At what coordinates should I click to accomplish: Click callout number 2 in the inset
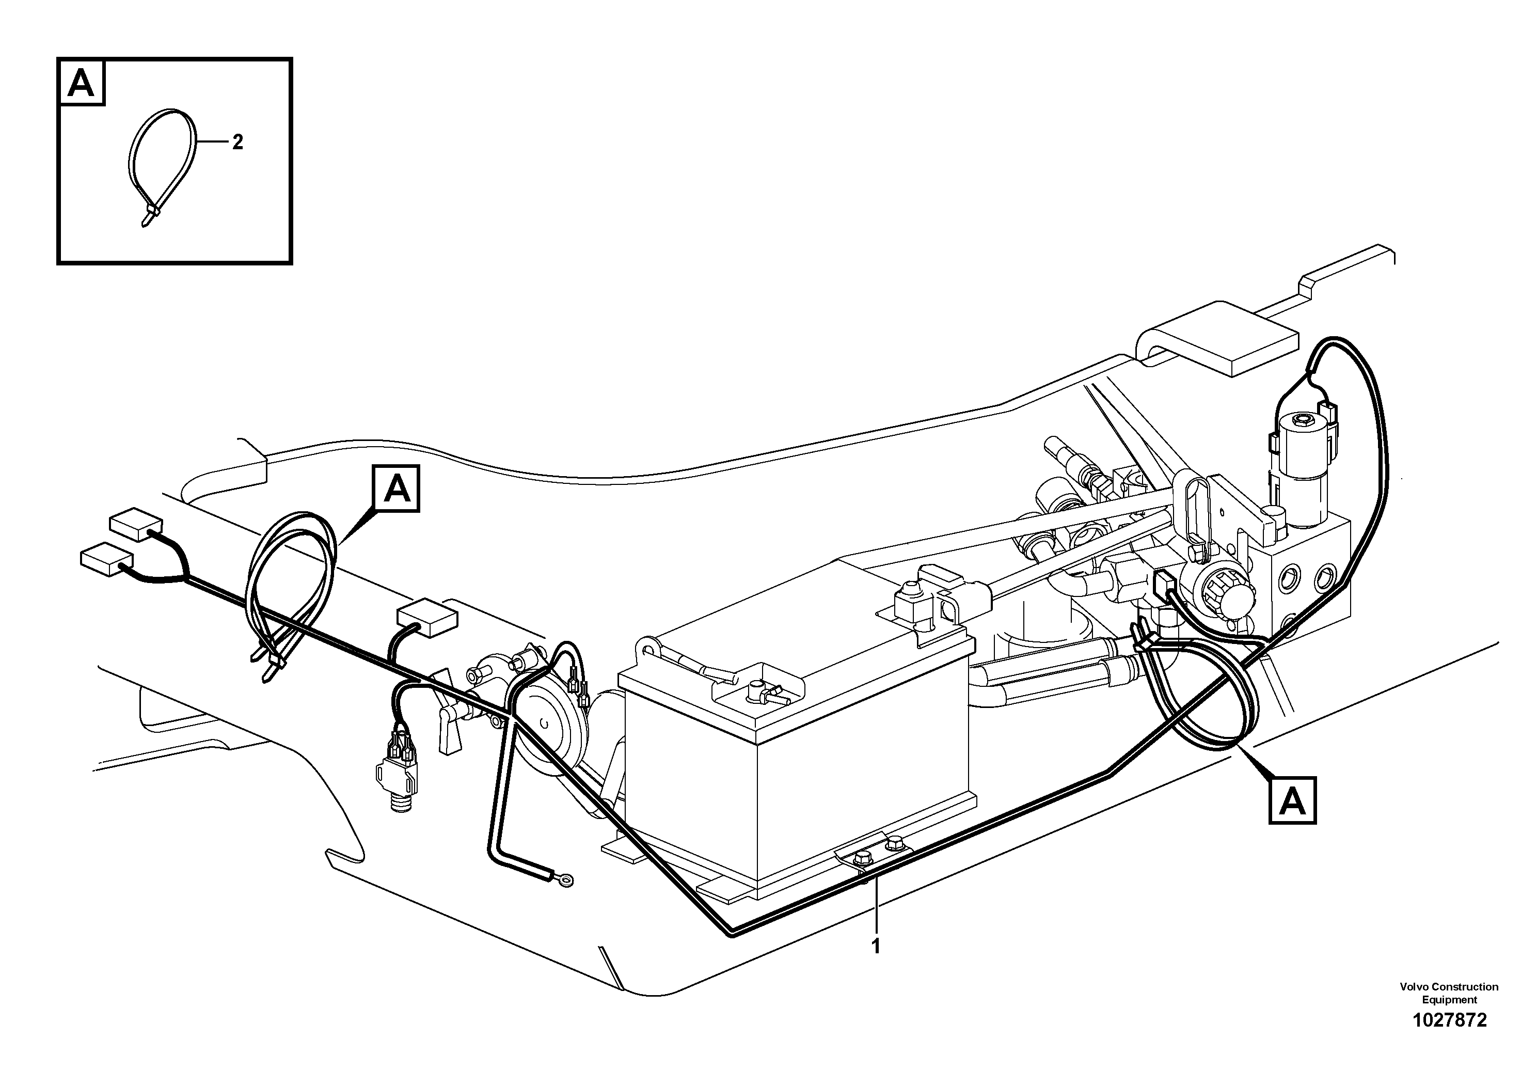tap(237, 142)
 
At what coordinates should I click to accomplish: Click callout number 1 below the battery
tap(876, 946)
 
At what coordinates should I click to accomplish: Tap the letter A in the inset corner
tap(82, 84)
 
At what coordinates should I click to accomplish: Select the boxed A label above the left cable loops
tap(397, 489)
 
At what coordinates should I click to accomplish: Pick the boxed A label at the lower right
tap(1292, 800)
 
